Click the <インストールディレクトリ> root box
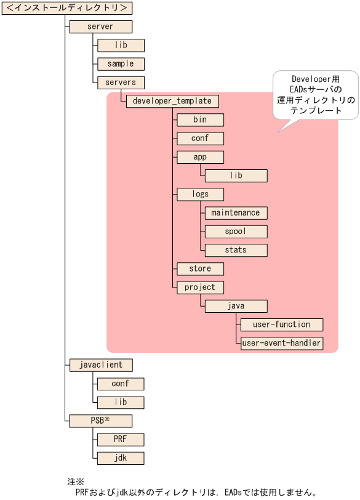click(67, 8)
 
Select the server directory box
click(101, 26)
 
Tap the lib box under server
click(121, 45)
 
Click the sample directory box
click(121, 63)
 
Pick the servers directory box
click(121, 82)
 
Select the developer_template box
click(172, 101)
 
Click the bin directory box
click(200, 119)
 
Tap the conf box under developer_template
click(200, 138)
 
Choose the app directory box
click(200, 157)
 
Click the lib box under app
click(236, 175)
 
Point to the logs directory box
click(200, 194)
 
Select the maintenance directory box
click(236, 212)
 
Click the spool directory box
click(236, 232)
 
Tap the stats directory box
click(236, 250)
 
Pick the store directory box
click(200, 268)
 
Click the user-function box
click(282, 324)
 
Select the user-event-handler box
click(282, 343)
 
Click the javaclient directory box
click(101, 365)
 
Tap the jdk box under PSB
click(121, 458)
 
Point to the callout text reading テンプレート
click(316, 110)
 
